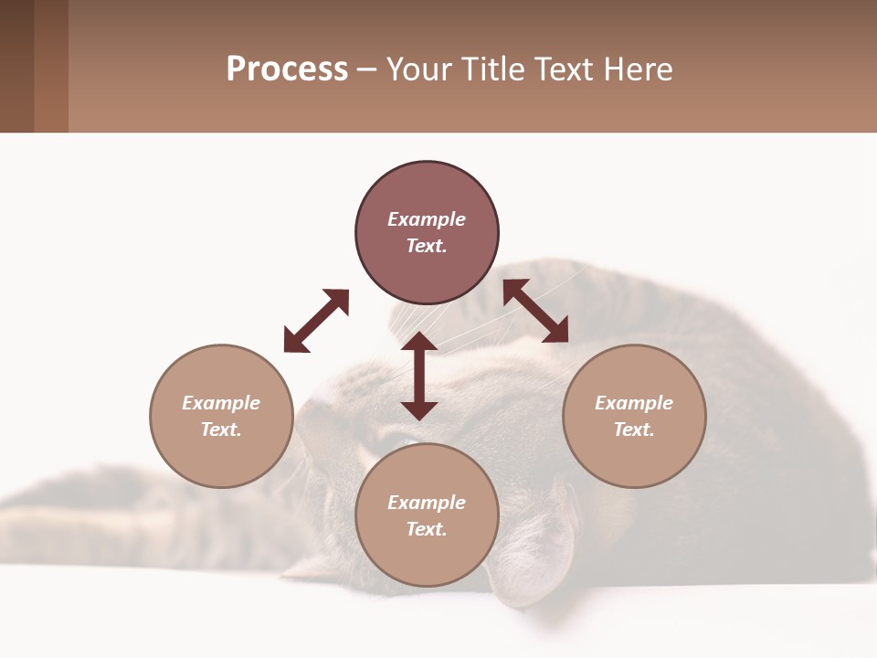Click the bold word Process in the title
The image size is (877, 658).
pyautogui.click(x=287, y=69)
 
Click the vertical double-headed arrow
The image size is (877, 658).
pyautogui.click(x=419, y=376)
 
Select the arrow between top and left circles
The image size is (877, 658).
pyautogui.click(x=316, y=321)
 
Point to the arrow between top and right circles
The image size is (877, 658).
pyautogui.click(x=536, y=311)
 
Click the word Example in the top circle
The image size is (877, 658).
pyautogui.click(x=427, y=219)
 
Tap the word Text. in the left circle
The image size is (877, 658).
pyautogui.click(x=221, y=430)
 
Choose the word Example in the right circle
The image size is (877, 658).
pyautogui.click(x=634, y=403)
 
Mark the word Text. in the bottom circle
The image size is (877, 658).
pyautogui.click(x=427, y=529)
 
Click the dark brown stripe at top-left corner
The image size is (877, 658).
pyautogui.click(x=16, y=66)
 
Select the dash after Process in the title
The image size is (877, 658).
pyautogui.click(x=366, y=70)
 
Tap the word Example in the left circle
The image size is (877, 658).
pyautogui.click(x=221, y=403)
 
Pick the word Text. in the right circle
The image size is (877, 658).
pyautogui.click(x=634, y=430)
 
